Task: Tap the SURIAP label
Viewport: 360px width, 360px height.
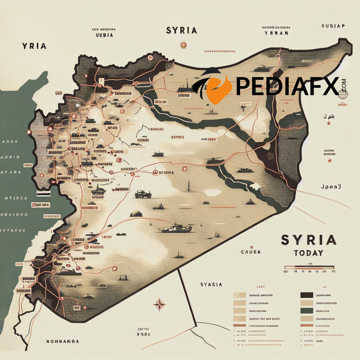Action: (x=333, y=26)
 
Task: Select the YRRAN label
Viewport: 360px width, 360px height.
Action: (x=276, y=33)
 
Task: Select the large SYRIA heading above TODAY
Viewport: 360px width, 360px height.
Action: (x=308, y=240)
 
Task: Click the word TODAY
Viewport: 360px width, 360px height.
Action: (x=308, y=253)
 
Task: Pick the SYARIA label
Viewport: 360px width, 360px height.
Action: (x=211, y=284)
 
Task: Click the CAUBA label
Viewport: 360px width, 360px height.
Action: (x=251, y=252)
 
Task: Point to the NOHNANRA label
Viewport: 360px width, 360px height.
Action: (x=63, y=341)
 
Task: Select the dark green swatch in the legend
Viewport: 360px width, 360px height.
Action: (x=307, y=311)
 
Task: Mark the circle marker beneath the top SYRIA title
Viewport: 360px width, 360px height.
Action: (x=182, y=45)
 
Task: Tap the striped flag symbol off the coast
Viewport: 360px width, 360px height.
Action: (x=43, y=194)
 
